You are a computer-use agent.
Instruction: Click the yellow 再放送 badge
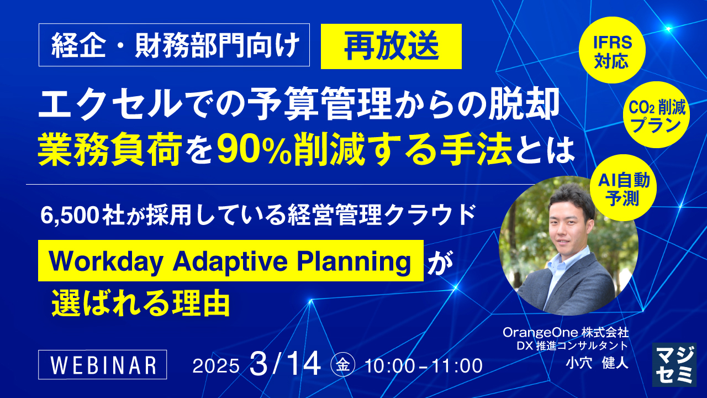tap(391, 46)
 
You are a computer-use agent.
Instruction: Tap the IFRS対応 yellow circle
tap(612, 50)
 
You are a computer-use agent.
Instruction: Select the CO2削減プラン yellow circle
tap(657, 114)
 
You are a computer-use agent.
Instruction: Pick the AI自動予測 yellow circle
tap(624, 187)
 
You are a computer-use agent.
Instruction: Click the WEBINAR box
tap(103, 364)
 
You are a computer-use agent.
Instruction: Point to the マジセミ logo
tap(674, 364)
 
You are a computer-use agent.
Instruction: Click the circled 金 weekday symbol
tap(343, 366)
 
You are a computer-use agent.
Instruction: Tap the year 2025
tap(216, 366)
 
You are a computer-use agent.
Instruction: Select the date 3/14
tap(284, 364)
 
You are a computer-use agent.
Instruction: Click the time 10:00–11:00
tap(424, 366)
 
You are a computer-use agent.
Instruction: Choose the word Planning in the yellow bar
tap(353, 262)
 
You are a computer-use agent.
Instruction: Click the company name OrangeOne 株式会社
tap(566, 332)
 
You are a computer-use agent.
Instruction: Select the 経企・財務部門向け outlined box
tap(174, 45)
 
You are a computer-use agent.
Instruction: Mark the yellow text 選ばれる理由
tap(141, 304)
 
